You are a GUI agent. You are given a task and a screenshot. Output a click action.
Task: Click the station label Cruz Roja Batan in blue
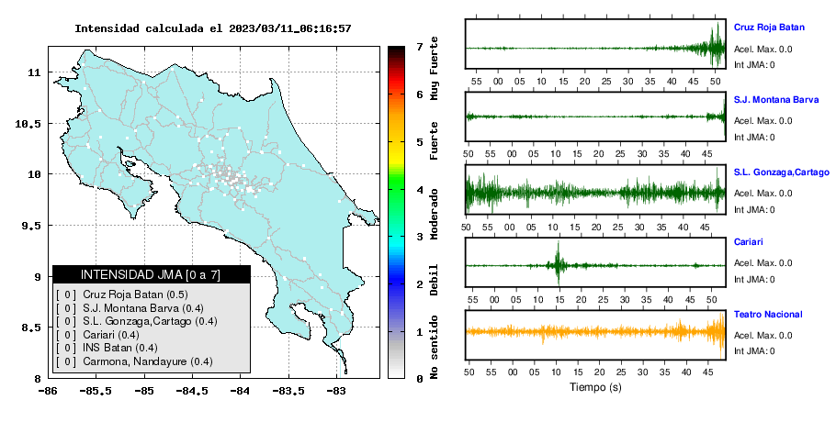(x=769, y=28)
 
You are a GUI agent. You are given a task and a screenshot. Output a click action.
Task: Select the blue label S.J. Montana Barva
(x=775, y=99)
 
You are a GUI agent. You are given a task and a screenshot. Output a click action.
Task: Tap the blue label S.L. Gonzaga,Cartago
(x=782, y=172)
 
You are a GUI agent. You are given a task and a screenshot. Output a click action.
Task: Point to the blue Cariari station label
(x=748, y=241)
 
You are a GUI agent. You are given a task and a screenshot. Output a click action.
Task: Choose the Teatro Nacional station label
(x=768, y=315)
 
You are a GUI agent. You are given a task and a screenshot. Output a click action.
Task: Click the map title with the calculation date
(x=213, y=28)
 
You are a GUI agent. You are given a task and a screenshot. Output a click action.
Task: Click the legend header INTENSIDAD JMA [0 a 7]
(x=151, y=274)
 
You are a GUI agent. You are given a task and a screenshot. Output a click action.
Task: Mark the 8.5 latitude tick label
(x=31, y=328)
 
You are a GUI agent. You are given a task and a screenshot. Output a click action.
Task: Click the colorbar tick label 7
(x=420, y=47)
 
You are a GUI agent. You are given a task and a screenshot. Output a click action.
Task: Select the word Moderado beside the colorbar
(x=434, y=214)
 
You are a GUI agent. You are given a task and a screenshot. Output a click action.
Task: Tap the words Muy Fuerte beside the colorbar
(x=434, y=68)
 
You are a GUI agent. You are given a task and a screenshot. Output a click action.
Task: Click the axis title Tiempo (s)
(x=595, y=387)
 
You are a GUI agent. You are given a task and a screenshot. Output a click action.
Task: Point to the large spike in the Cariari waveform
(x=559, y=263)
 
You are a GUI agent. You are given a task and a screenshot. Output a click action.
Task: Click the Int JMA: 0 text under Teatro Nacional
(x=754, y=351)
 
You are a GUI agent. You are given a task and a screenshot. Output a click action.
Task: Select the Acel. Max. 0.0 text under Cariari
(x=763, y=263)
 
